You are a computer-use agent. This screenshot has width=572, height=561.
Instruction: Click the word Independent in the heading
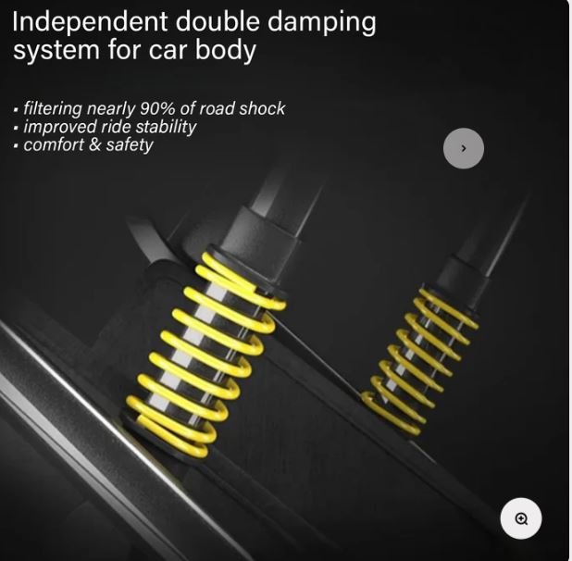pyautogui.click(x=90, y=22)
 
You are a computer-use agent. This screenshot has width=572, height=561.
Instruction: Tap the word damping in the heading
pyautogui.click(x=321, y=22)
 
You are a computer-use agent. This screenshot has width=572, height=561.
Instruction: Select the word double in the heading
pyautogui.click(x=218, y=21)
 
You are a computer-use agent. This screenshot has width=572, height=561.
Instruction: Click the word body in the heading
pyautogui.click(x=226, y=51)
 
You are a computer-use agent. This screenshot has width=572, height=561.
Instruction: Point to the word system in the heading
pyautogui.click(x=56, y=51)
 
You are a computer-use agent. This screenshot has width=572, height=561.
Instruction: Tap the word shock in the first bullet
pyautogui.click(x=262, y=108)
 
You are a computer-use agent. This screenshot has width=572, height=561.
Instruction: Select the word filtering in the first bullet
pyautogui.click(x=53, y=109)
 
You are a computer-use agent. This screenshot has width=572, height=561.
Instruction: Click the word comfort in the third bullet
pyautogui.click(x=54, y=144)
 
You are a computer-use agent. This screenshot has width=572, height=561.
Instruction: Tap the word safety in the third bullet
pyautogui.click(x=130, y=145)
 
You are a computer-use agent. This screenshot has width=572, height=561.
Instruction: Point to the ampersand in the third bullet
pyautogui.click(x=94, y=144)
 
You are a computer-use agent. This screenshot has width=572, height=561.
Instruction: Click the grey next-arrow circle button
pyautogui.click(x=464, y=148)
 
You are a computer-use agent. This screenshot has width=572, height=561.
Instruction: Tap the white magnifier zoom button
pyautogui.click(x=521, y=518)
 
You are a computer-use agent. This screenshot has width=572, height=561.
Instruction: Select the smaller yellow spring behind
pyautogui.click(x=419, y=361)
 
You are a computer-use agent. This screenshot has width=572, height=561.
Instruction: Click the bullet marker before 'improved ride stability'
pyautogui.click(x=16, y=128)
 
